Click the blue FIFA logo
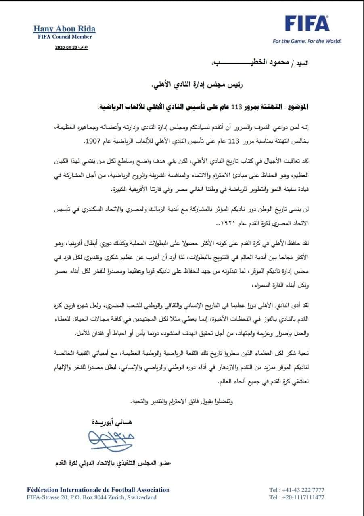[307, 24]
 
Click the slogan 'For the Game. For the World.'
[307, 41]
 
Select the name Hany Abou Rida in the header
[65, 29]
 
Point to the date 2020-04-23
[66, 48]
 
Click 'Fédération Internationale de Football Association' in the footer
[98, 490]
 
